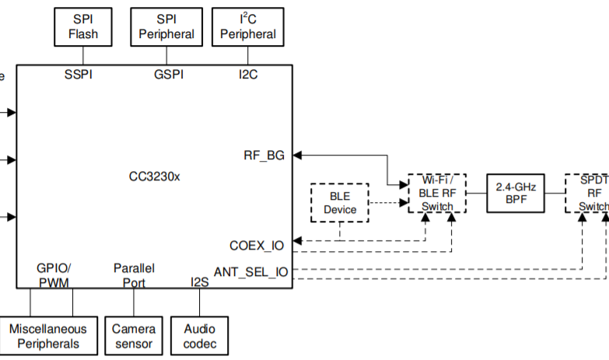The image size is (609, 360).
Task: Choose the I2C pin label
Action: tap(248, 75)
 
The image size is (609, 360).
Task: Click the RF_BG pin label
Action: tap(264, 155)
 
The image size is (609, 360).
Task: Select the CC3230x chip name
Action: tap(154, 177)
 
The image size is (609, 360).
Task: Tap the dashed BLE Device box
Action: tap(340, 203)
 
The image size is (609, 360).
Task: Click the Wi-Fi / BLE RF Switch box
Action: tap(436, 193)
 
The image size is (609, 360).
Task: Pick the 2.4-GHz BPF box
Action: tap(516, 193)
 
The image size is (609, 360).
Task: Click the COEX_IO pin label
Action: tap(257, 245)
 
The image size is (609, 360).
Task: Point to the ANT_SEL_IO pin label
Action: tap(250, 272)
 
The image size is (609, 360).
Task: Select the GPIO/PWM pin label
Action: tap(54, 274)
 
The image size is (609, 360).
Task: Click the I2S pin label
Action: tap(200, 282)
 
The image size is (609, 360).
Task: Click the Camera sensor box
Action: tap(134, 337)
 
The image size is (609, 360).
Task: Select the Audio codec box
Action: tap(200, 337)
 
